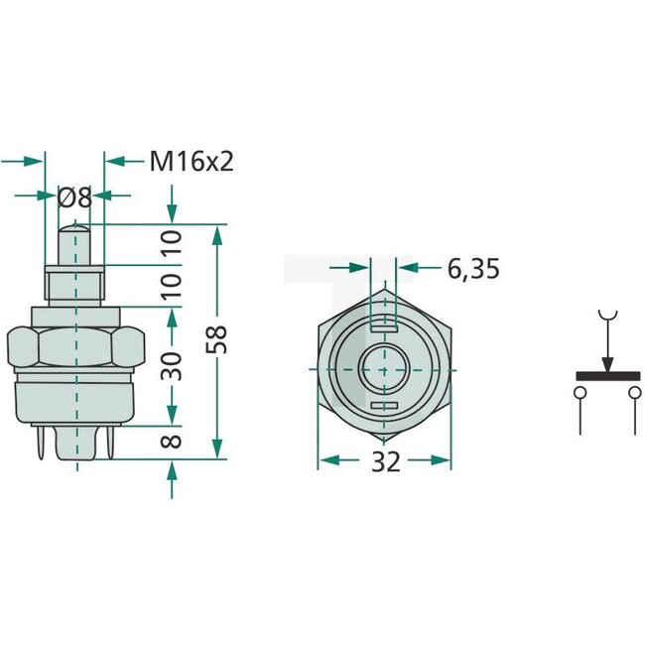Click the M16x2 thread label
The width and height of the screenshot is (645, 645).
[x=192, y=161]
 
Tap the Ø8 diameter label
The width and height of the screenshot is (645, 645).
[x=75, y=197]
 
